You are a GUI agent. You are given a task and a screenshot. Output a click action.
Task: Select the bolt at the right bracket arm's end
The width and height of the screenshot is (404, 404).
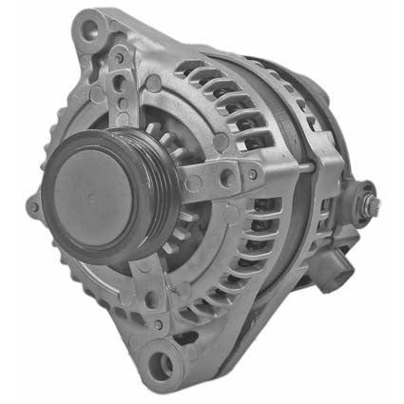click(253, 173)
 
